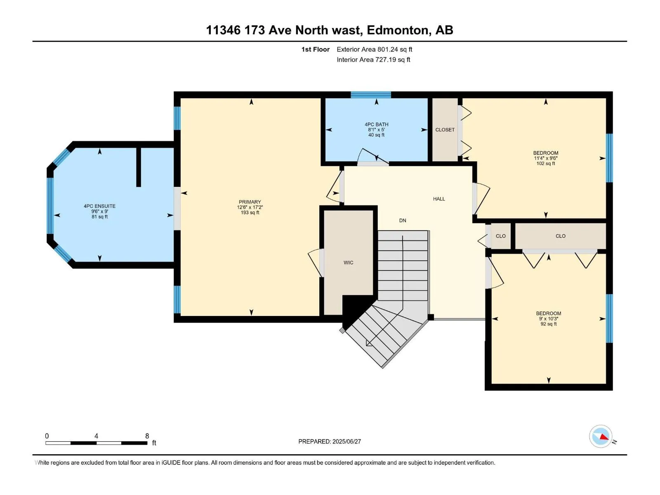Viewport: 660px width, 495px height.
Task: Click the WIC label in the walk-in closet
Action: pos(348,263)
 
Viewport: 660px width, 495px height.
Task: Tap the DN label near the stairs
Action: pos(403,221)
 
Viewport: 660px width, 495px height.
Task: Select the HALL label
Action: pos(439,199)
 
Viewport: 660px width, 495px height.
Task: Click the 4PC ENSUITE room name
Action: pos(99,206)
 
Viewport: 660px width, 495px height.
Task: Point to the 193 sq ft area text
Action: pos(250,212)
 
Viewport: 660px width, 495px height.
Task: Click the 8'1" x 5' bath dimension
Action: pos(377,130)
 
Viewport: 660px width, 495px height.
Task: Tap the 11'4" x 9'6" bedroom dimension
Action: pos(546,158)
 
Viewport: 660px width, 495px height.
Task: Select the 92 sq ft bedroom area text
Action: pos(549,324)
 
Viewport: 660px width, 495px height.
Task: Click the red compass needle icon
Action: pos(603,437)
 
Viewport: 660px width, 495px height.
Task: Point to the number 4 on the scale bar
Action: pos(96,436)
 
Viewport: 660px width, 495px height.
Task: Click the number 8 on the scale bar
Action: pos(147,436)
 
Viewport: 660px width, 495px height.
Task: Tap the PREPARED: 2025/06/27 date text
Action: pos(330,441)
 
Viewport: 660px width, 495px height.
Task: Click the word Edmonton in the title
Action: pos(398,31)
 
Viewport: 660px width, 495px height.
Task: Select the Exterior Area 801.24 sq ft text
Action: pos(375,49)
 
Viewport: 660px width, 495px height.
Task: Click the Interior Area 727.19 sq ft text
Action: pos(373,59)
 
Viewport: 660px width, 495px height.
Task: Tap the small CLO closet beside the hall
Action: pos(501,236)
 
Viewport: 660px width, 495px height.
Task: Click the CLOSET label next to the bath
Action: pos(445,130)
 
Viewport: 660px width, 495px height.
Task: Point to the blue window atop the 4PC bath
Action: pos(371,95)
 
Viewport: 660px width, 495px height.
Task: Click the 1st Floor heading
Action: pos(316,49)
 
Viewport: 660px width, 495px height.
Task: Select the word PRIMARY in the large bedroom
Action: pos(250,202)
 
